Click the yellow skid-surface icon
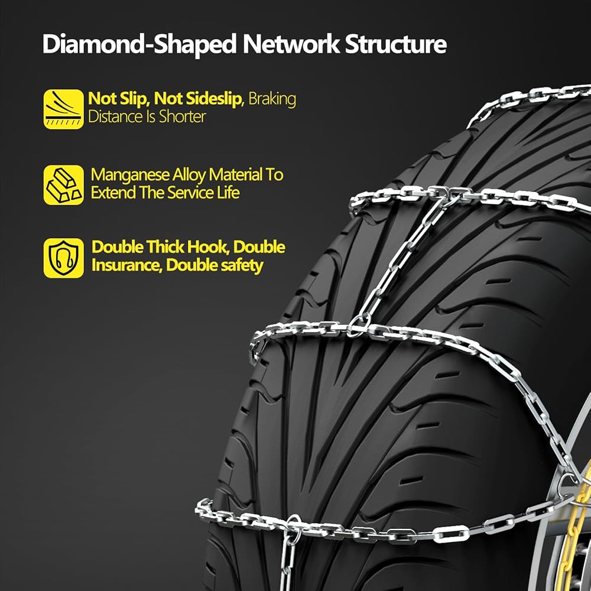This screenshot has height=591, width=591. tap(63, 108)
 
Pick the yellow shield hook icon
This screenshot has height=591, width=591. tap(63, 258)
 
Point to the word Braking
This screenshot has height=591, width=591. tap(272, 99)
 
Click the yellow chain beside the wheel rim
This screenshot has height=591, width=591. tap(582, 520)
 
